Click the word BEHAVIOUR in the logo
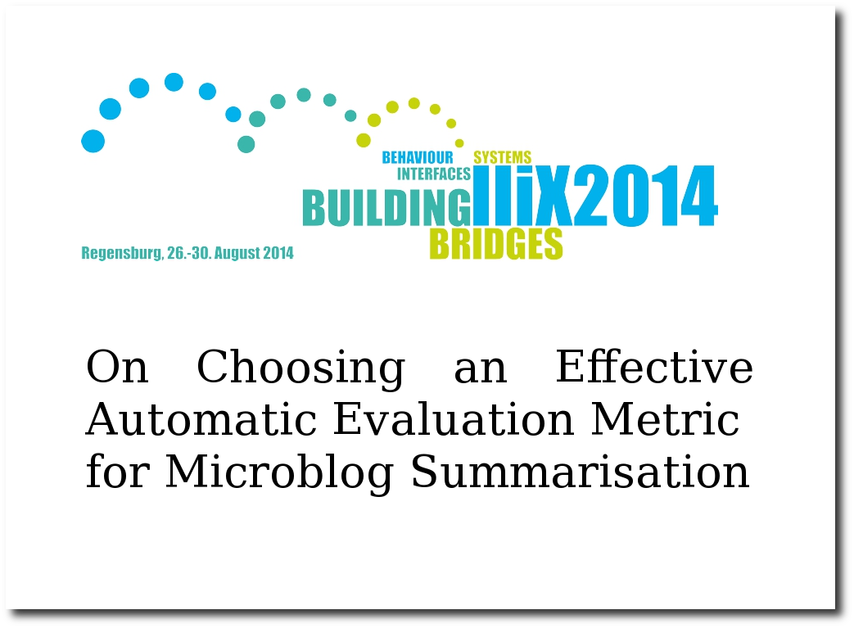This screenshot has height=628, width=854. pyautogui.click(x=418, y=157)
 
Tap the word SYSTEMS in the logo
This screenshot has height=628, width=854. pyautogui.click(x=502, y=157)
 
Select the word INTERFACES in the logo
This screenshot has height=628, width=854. pyautogui.click(x=433, y=174)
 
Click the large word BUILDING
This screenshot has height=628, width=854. pyautogui.click(x=386, y=207)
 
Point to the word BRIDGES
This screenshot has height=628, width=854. pyautogui.click(x=496, y=243)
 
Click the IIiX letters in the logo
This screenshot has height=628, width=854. pyautogui.click(x=523, y=195)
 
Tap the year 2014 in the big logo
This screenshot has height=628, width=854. pyautogui.click(x=646, y=195)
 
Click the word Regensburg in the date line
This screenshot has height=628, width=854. pyautogui.click(x=122, y=253)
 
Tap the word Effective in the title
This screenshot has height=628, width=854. pyautogui.click(x=654, y=366)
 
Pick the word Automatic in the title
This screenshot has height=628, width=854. pyautogui.click(x=201, y=419)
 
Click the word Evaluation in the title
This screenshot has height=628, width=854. pyautogui.click(x=453, y=419)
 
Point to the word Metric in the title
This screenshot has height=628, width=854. pyautogui.click(x=665, y=419)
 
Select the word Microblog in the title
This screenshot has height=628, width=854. pyautogui.click(x=279, y=472)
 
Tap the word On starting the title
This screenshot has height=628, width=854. pyautogui.click(x=117, y=367)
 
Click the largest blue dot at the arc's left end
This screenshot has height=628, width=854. pyautogui.click(x=93, y=141)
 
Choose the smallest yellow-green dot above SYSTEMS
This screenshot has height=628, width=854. pyautogui.click(x=459, y=143)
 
